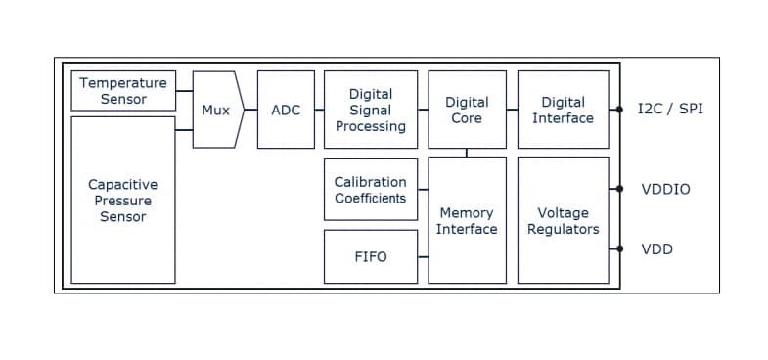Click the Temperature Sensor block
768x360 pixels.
click(124, 91)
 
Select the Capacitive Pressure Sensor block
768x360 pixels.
click(123, 201)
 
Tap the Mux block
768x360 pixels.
click(216, 110)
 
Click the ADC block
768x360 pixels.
click(286, 110)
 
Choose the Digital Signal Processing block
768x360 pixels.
click(370, 110)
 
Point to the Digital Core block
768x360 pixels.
click(467, 110)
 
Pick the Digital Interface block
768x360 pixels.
click(563, 110)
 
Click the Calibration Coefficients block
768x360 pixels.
click(370, 190)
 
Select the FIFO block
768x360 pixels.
click(370, 256)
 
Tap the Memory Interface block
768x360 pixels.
click(467, 220)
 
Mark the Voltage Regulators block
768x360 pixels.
click(563, 220)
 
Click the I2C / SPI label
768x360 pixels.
click(670, 109)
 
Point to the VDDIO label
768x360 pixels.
click(665, 189)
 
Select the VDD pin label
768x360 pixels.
click(656, 249)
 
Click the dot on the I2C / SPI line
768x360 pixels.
click(619, 110)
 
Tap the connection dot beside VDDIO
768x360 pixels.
click(619, 189)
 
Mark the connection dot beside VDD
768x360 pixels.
click(619, 249)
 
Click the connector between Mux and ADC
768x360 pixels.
click(249, 110)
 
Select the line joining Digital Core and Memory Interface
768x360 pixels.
click(467, 152)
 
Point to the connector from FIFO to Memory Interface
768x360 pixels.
click(423, 256)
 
